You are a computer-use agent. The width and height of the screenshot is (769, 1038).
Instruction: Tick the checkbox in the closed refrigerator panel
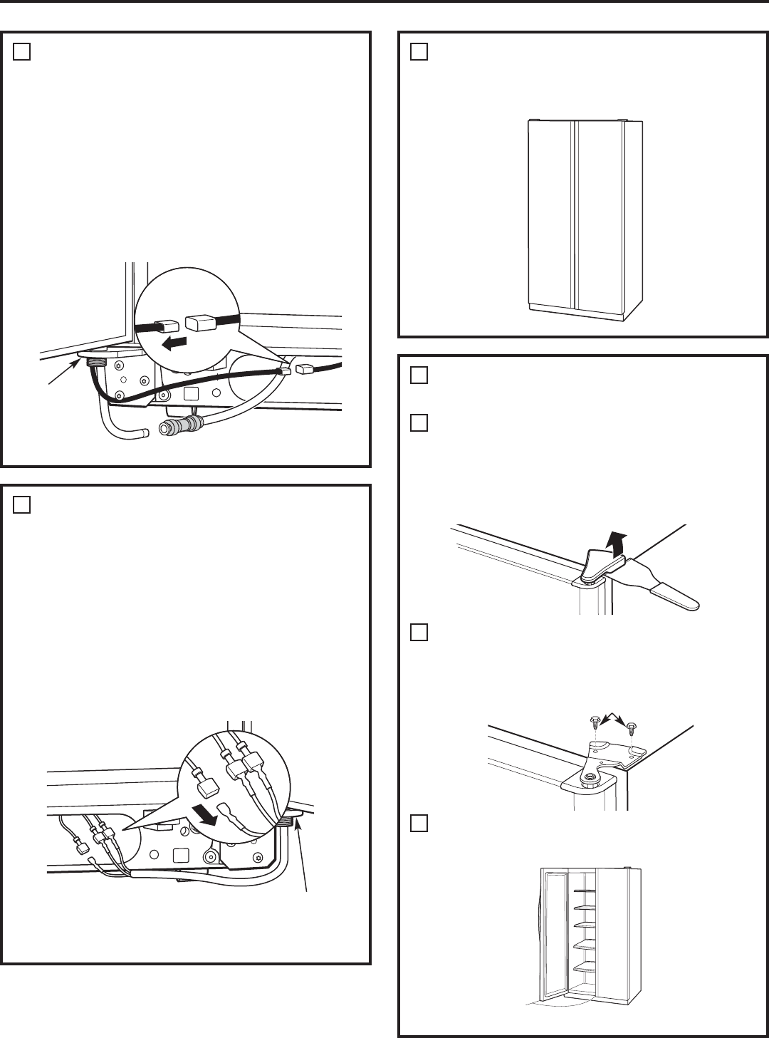(419, 52)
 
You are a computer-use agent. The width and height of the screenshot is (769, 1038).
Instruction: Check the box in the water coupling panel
(21, 52)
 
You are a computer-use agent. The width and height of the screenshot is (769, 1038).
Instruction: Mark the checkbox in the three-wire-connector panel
(21, 505)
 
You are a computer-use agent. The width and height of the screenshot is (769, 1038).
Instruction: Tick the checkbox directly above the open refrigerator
(419, 824)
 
